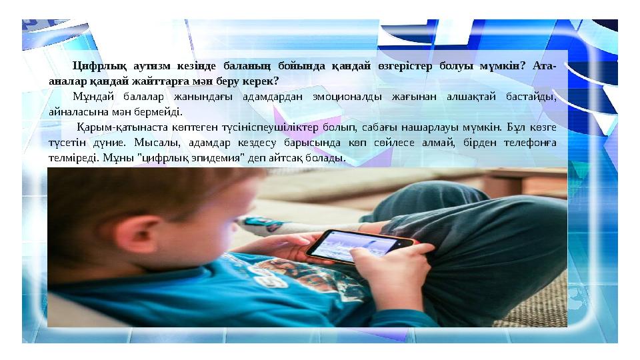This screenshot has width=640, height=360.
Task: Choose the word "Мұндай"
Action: point(91,96)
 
